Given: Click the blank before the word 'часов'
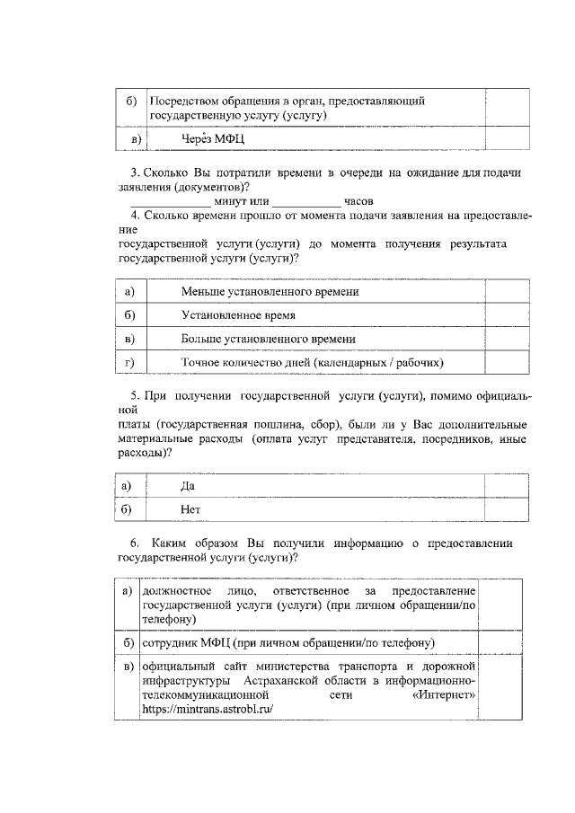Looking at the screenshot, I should coord(305,201).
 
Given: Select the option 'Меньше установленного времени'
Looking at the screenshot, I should coord(270,293).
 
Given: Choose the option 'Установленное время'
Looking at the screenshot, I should coord(238,316).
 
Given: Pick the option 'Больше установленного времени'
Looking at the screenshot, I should coord(268,339).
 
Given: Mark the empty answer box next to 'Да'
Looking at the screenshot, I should coord(509,486).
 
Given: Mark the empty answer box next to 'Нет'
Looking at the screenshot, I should coord(509,508).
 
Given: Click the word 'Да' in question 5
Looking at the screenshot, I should coord(188,486).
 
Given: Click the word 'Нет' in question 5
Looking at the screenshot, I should coord(190,508).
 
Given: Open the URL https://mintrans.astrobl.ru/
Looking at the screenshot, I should coord(207,709).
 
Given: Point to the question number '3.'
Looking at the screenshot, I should coord(135,172).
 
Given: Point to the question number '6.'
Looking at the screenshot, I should coord(135,543).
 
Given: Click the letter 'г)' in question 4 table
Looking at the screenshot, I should coord(130,362).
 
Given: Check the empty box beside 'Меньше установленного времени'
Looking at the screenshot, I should coord(509,293).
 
